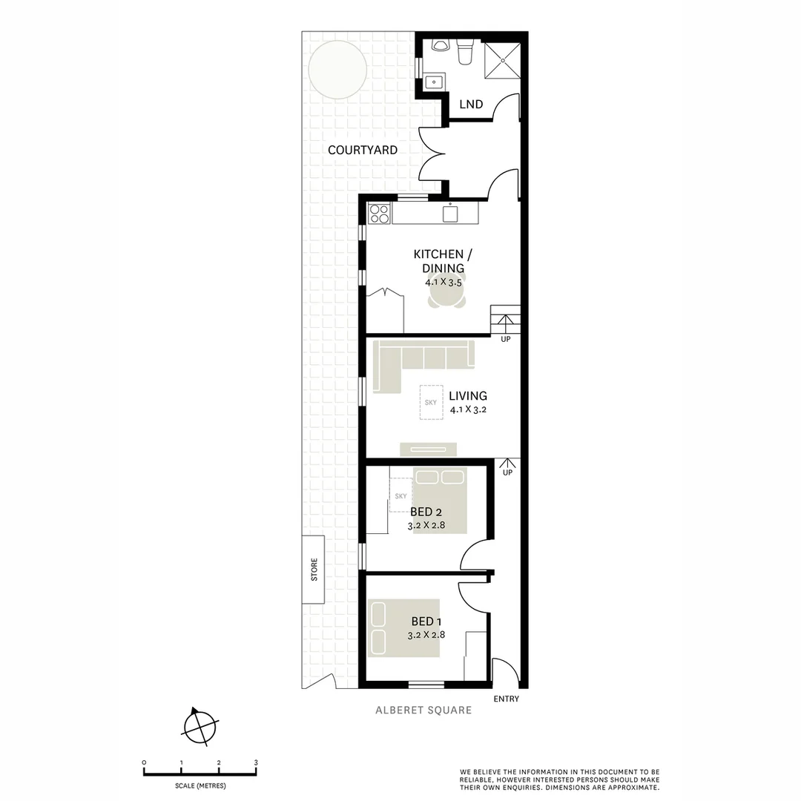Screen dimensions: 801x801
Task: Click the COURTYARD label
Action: tap(363, 150)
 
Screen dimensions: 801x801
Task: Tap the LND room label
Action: tap(471, 105)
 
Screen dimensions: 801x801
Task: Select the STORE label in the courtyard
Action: tap(314, 569)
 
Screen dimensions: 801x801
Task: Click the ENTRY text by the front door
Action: tap(507, 699)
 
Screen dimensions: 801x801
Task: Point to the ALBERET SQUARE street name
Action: tap(423, 711)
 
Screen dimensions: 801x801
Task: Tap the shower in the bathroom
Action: tap(502, 59)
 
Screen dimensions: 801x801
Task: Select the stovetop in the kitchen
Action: tap(379, 214)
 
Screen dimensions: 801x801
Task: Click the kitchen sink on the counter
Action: tap(450, 214)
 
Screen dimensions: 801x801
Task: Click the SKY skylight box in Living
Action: tap(431, 403)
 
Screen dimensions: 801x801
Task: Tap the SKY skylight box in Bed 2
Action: tap(400, 495)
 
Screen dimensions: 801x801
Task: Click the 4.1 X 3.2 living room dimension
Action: tap(468, 409)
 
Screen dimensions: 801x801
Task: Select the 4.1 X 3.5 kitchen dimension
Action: tap(444, 283)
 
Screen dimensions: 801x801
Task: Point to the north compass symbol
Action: tap(200, 726)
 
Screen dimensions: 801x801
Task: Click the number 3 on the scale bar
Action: tap(256, 762)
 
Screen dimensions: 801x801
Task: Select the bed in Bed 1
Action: tap(405, 628)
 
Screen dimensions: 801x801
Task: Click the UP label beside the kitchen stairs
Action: tap(507, 339)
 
